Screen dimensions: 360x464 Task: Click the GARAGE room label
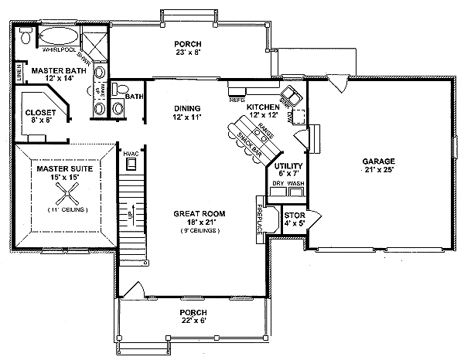(377, 161)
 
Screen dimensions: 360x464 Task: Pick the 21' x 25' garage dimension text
(377, 171)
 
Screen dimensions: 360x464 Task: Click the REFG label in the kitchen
(237, 99)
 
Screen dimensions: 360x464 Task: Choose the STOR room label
(295, 216)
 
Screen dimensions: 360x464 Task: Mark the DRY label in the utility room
(277, 184)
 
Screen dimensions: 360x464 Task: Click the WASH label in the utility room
(295, 184)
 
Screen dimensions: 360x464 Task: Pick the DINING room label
(187, 108)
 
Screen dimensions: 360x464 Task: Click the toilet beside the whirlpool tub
(26, 36)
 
